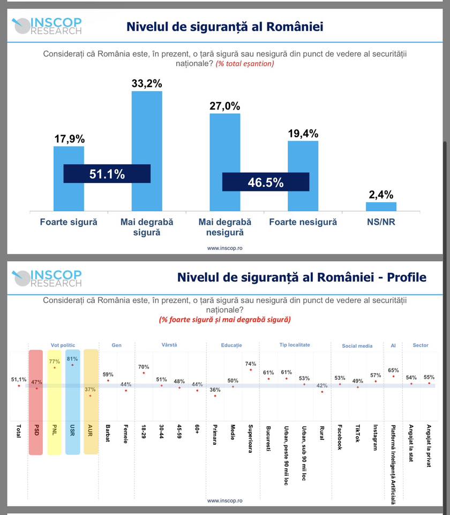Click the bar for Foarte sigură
click(x=69, y=156)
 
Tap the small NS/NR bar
click(x=381, y=206)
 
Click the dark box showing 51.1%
click(x=107, y=174)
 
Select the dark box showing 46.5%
click(x=265, y=182)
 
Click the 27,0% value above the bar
click(x=224, y=106)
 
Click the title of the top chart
click(x=224, y=26)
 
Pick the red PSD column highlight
click(x=36, y=402)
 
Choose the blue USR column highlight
click(x=72, y=402)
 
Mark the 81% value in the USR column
click(x=72, y=359)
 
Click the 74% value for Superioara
click(x=250, y=364)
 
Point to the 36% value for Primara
click(x=214, y=390)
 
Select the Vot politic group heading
click(x=63, y=345)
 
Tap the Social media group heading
click(x=357, y=346)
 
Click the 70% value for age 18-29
click(x=143, y=367)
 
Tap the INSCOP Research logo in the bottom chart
click(x=47, y=277)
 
